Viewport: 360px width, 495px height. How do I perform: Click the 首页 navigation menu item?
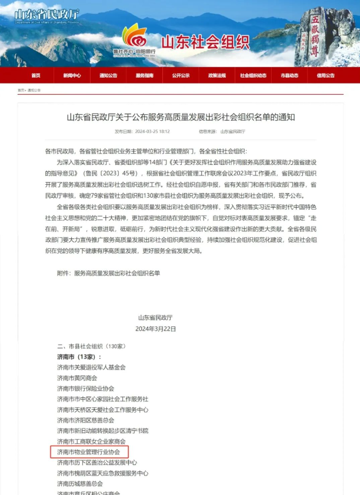[36, 76]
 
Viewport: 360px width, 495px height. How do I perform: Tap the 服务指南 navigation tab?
[144, 76]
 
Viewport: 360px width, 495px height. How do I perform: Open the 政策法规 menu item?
[216, 76]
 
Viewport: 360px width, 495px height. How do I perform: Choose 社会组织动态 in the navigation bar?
[253, 76]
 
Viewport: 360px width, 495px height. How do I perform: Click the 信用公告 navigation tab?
[325, 76]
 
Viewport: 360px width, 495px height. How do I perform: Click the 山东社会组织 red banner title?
[205, 42]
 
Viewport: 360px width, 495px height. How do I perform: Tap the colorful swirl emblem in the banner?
[134, 36]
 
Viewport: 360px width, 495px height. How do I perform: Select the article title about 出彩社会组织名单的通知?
[181, 117]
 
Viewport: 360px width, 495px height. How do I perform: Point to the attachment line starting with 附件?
[108, 273]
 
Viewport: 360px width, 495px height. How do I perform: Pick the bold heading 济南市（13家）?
[79, 357]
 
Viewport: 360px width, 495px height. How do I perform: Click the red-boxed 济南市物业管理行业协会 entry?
[88, 452]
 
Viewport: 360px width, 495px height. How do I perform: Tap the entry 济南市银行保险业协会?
[85, 388]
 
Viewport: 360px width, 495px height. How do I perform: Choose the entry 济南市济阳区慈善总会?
[85, 420]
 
